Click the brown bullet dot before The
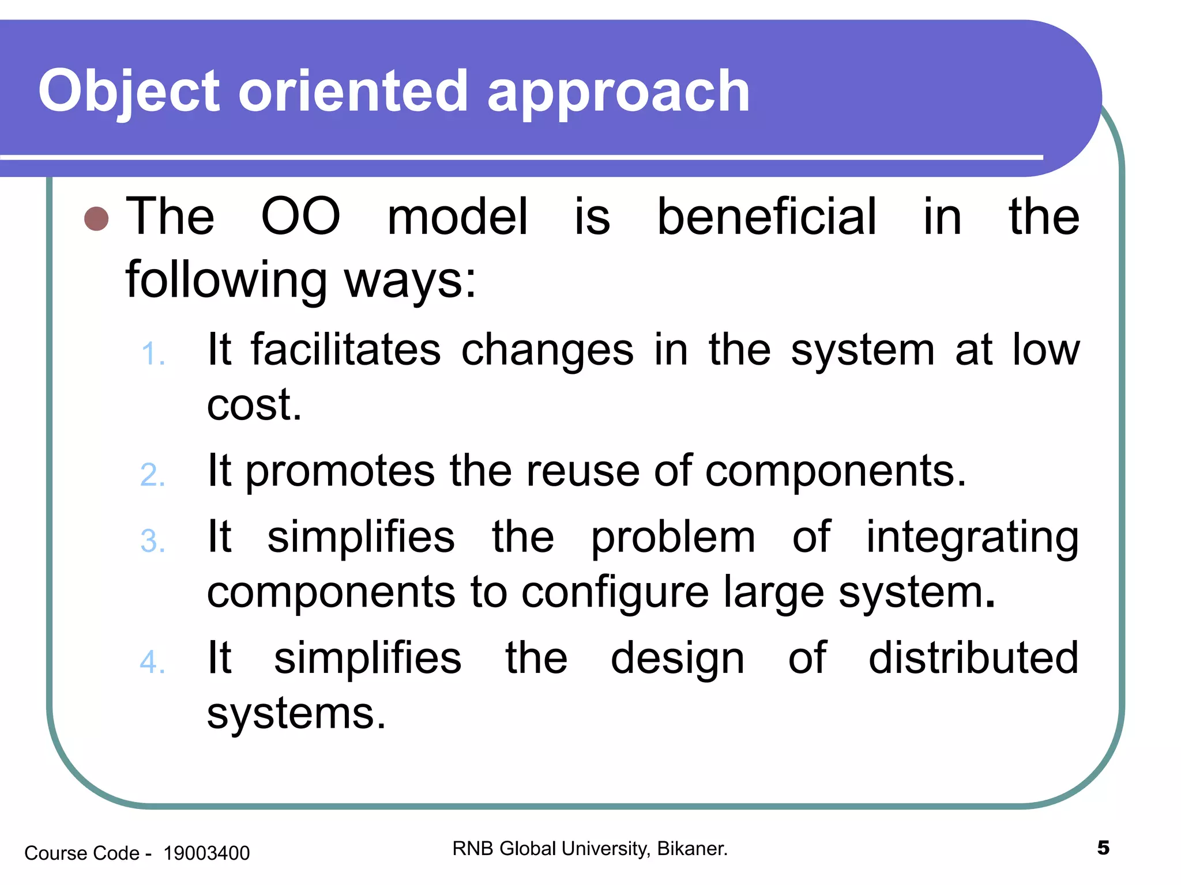(96, 218)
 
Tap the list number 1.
(152, 354)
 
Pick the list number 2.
(152, 475)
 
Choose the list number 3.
(152, 542)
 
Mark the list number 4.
(152, 662)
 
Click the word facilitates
(345, 350)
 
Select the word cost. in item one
(254, 404)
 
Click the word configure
(615, 593)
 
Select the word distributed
(973, 658)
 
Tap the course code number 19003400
(206, 853)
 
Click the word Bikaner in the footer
(691, 849)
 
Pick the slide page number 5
(1103, 848)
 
